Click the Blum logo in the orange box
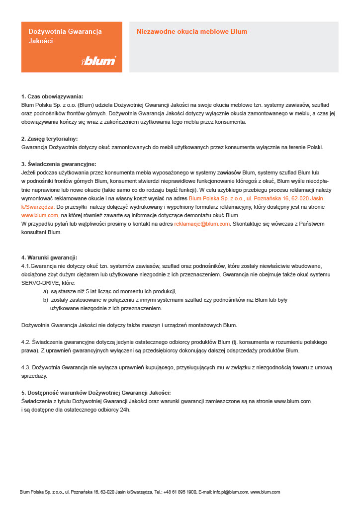click(x=98, y=61)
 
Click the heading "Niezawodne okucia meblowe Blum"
click(x=191, y=32)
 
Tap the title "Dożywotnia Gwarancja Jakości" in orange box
click(x=65, y=36)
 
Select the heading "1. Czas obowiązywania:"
click(x=52, y=96)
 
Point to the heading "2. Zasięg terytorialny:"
click(x=50, y=139)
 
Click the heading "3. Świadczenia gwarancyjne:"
click(x=58, y=164)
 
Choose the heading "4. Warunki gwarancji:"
click(x=49, y=257)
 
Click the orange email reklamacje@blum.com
click(x=202, y=224)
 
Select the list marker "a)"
click(x=46, y=291)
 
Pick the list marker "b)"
click(x=46, y=300)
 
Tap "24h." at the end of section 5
click(x=124, y=410)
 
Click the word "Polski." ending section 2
click(x=314, y=147)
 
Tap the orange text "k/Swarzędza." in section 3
click(x=38, y=206)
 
